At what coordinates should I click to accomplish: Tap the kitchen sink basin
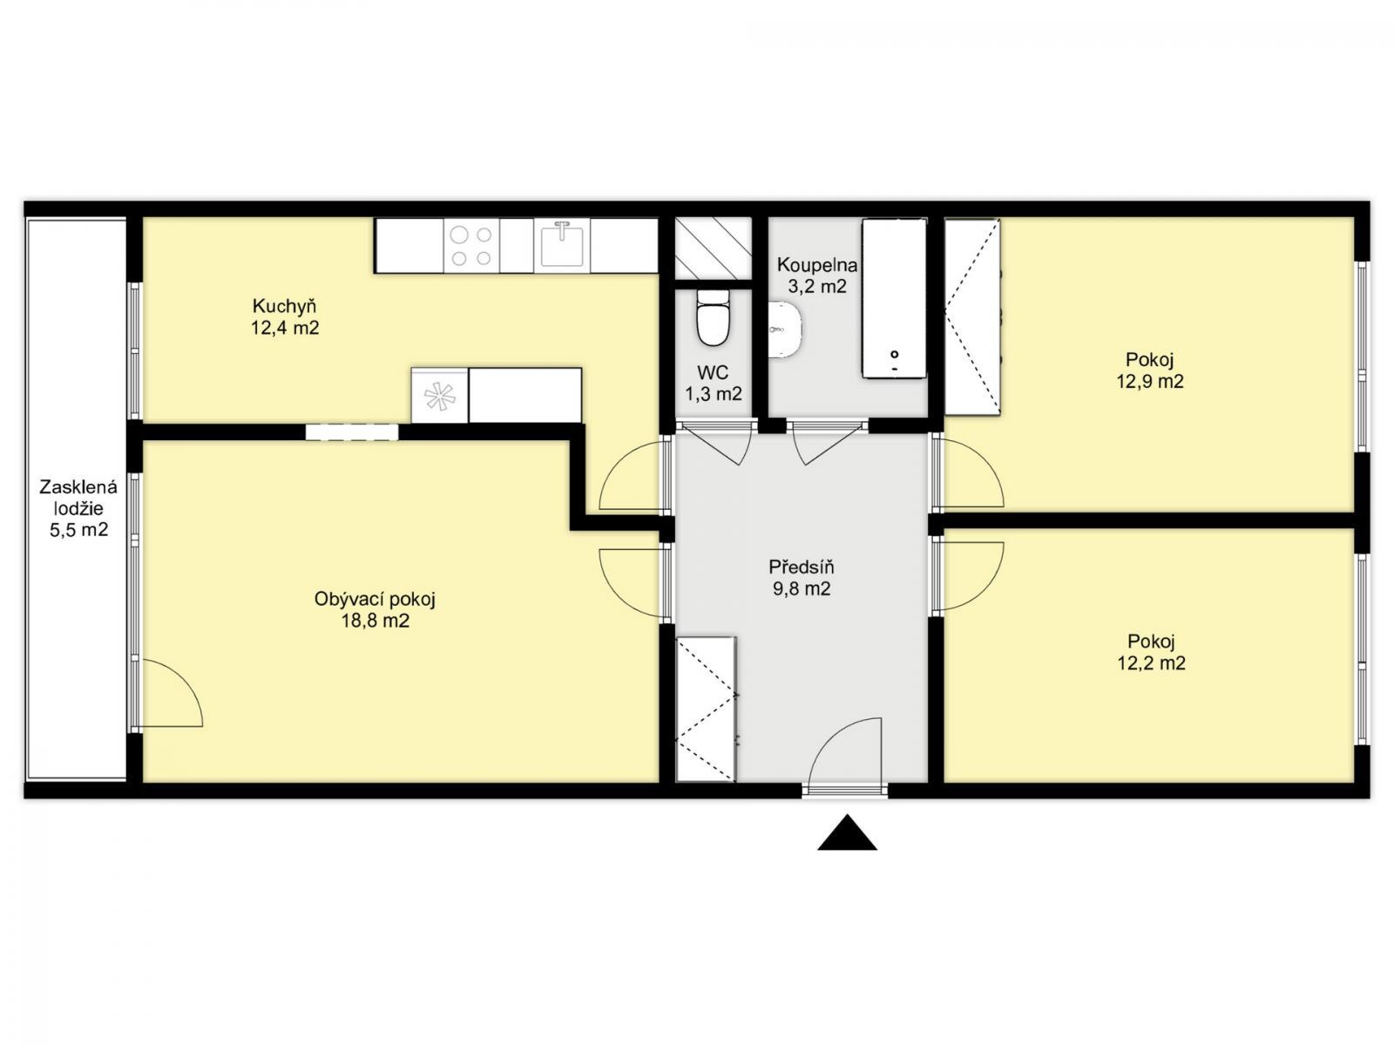pos(562,245)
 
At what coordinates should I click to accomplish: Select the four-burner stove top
pos(470,246)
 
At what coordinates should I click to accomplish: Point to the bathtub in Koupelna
pos(894,298)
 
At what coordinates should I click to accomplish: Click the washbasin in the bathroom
pos(786,329)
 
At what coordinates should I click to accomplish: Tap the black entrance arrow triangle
pos(847,832)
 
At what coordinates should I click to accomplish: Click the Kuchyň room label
pos(284,306)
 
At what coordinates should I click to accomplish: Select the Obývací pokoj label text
pos(375,599)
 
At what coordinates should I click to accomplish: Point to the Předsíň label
pos(802,567)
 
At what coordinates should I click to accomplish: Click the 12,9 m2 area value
pos(1150,382)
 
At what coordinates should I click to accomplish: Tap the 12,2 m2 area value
pos(1152,663)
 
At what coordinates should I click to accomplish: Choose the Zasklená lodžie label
pos(78,498)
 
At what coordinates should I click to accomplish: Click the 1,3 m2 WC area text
pos(714,394)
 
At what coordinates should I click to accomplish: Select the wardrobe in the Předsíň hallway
pos(706,709)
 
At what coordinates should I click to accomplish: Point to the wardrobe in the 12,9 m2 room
pos(972,317)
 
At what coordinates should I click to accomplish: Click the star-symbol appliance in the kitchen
pos(439,396)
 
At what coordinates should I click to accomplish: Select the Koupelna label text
pos(817,264)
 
